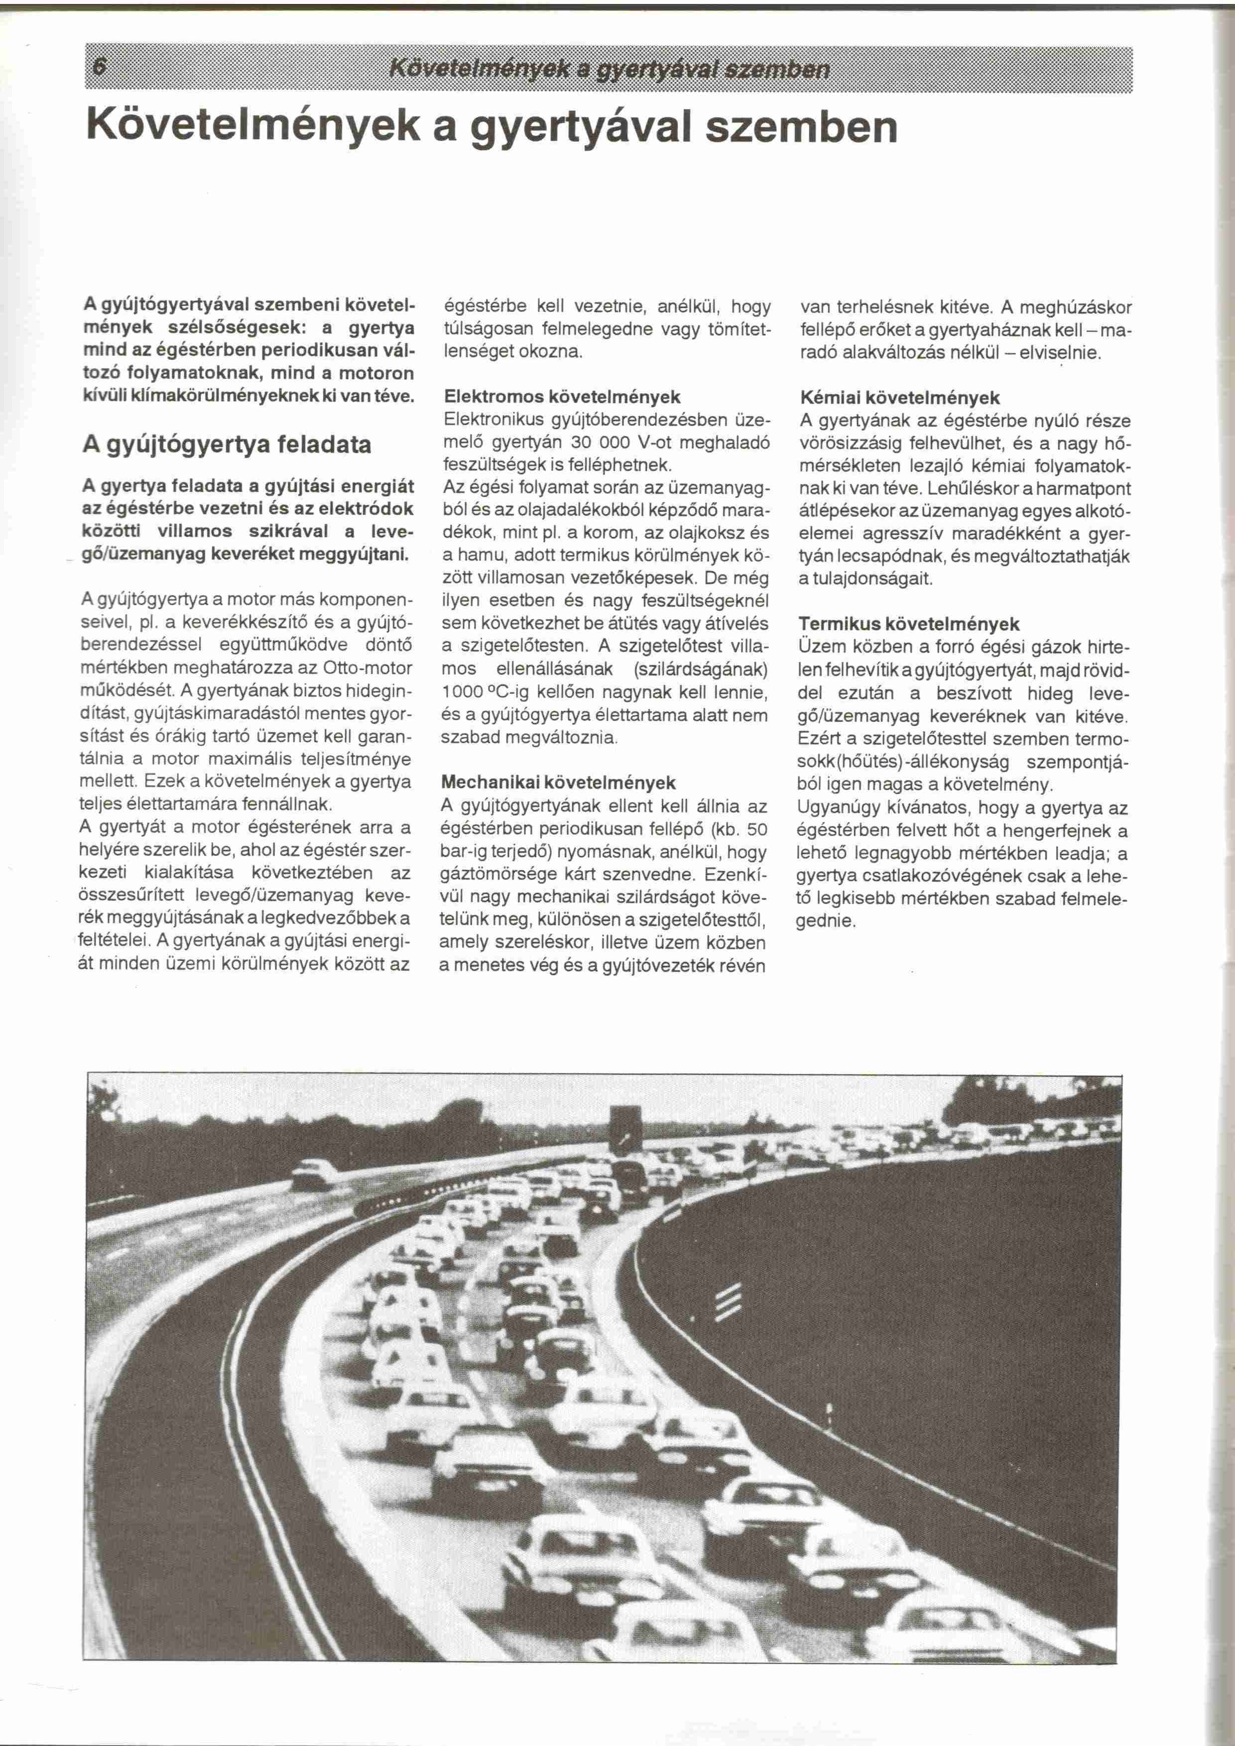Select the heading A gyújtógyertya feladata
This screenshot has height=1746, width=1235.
227,444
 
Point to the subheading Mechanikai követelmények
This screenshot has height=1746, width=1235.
558,783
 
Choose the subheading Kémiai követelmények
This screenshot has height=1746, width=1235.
900,398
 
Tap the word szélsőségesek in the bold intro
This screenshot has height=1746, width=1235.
223,329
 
